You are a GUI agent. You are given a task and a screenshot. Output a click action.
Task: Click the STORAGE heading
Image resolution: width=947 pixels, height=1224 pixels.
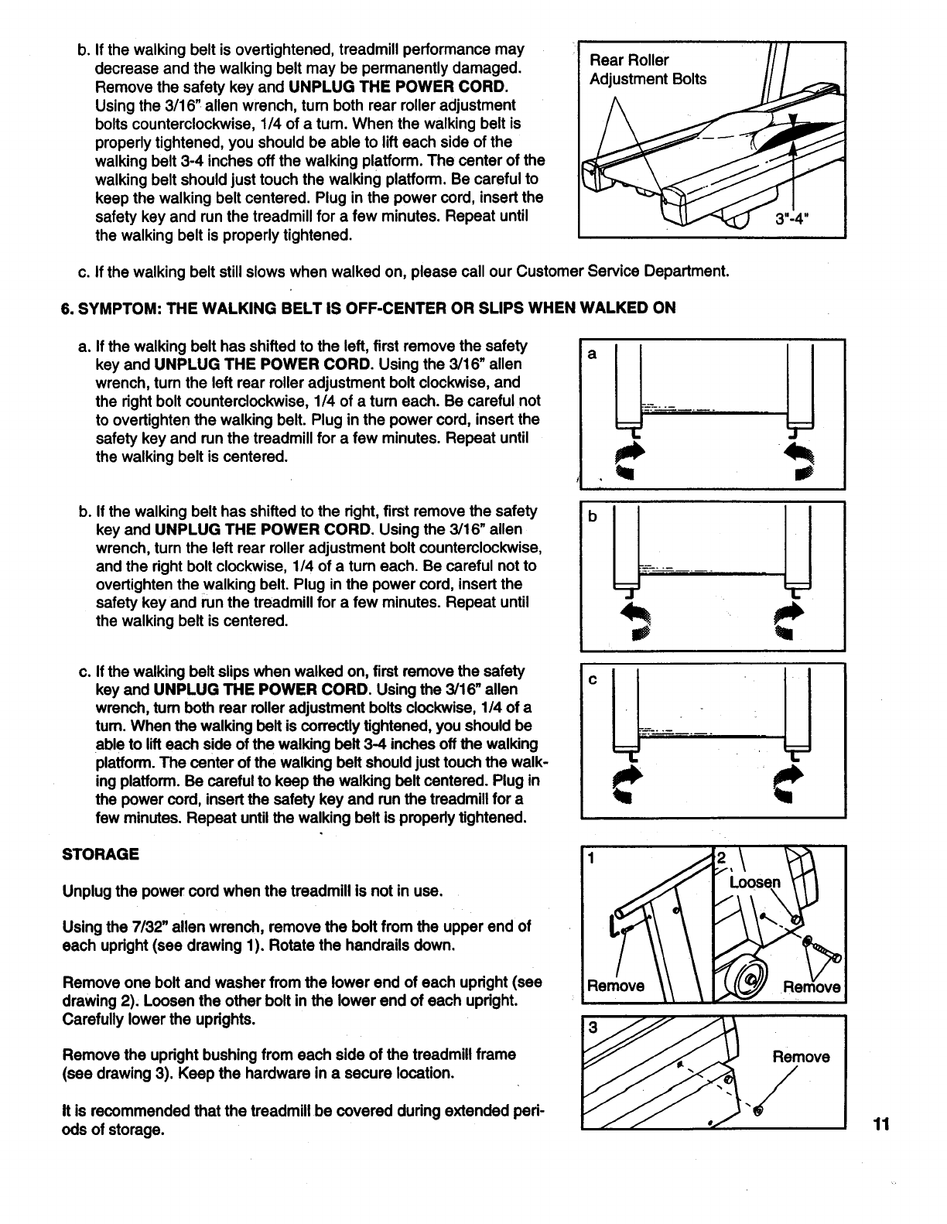pos(101,854)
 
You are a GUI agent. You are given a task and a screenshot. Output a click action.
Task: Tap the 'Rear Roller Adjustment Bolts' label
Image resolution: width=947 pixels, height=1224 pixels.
pos(648,70)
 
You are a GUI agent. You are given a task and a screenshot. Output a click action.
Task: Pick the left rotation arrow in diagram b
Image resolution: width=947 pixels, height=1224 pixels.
pos(640,623)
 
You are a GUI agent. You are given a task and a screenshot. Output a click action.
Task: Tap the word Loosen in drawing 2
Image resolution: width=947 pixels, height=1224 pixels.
pos(755,883)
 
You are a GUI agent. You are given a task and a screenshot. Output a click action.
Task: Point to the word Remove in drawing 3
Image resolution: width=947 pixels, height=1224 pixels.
pos(801,1057)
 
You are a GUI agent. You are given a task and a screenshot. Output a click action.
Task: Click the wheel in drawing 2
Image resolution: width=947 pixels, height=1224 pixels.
pos(747,978)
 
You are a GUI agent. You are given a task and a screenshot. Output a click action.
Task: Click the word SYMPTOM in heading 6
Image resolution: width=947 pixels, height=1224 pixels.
pos(116,308)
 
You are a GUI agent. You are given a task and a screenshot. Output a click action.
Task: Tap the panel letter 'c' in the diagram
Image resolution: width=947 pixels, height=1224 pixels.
pos(592,680)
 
